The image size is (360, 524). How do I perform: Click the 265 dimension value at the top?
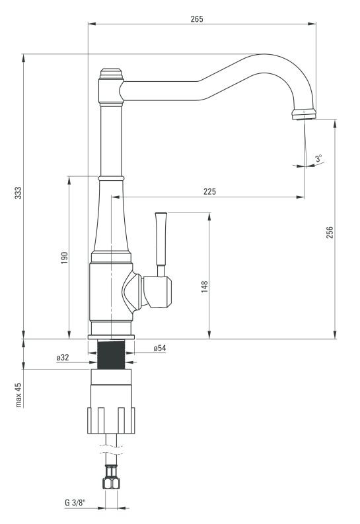[197, 19]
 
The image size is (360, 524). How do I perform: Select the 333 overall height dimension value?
[18, 193]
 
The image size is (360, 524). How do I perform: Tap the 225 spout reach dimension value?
[209, 191]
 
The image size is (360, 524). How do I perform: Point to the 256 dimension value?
[330, 232]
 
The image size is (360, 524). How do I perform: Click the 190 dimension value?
[64, 257]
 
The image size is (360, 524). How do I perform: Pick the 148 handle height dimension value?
[204, 286]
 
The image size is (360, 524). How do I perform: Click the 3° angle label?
[318, 158]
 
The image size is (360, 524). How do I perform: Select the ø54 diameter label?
[160, 348]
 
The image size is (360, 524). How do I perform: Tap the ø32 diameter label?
[63, 358]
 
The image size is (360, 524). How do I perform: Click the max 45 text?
[18, 395]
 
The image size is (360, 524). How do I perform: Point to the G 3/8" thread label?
[75, 502]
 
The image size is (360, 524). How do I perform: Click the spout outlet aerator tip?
[303, 114]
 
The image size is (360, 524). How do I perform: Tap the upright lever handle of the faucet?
[161, 245]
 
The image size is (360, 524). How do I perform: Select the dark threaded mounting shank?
[111, 354]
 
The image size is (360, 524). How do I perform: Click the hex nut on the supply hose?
[111, 482]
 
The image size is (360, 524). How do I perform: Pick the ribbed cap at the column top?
[111, 73]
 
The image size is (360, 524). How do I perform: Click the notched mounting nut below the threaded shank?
[111, 420]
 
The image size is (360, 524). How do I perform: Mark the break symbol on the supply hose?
[111, 450]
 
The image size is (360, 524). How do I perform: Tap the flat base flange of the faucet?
[111, 337]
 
